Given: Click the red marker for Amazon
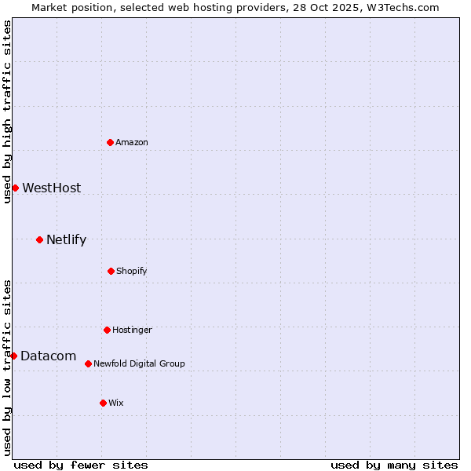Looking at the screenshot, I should pyautogui.click(x=110, y=142).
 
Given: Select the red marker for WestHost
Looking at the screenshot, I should pyautogui.click(x=15, y=188).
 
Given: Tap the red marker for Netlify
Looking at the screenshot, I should pyautogui.click(x=39, y=239).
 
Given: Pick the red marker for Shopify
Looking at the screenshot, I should pyautogui.click(x=111, y=271).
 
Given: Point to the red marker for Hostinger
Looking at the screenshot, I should pyautogui.click(x=107, y=330).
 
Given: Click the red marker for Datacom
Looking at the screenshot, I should pyautogui.click(x=13, y=356).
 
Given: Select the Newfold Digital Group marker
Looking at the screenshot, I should pyautogui.click(x=88, y=363).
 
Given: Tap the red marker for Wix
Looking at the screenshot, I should pyautogui.click(x=103, y=403).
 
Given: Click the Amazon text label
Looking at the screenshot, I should pyautogui.click(x=132, y=142).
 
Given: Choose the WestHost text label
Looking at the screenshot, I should pyautogui.click(x=51, y=188).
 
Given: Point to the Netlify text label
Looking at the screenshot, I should pyautogui.click(x=66, y=239).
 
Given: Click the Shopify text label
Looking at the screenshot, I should pyautogui.click(x=132, y=271).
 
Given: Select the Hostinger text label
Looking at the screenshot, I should pyautogui.click(x=132, y=330).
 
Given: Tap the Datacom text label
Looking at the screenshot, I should pyautogui.click(x=48, y=356).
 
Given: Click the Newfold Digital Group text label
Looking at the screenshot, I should pyautogui.click(x=139, y=363).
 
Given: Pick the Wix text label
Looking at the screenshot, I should pyautogui.click(x=116, y=403).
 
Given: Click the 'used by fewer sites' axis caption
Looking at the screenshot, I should pyautogui.click(x=81, y=465).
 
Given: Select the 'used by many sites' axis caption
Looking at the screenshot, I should pyautogui.click(x=394, y=465).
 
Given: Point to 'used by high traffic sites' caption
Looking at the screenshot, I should pyautogui.click(x=7, y=111).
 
